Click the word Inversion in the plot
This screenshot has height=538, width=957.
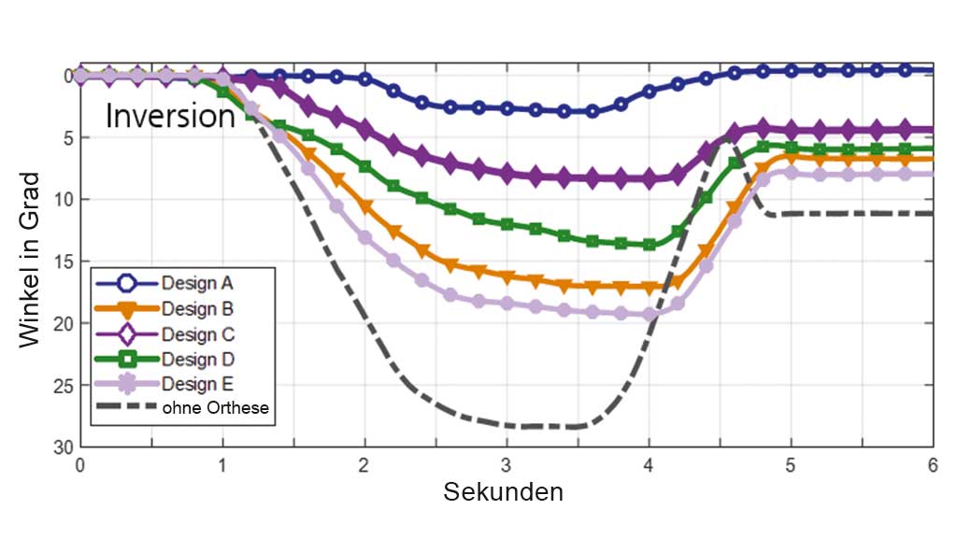[169, 116]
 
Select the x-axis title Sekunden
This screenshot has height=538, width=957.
[503, 491]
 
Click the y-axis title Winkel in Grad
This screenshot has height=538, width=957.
[31, 260]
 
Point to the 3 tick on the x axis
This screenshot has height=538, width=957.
[507, 464]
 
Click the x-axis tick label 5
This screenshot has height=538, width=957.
[791, 464]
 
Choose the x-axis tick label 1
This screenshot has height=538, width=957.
[222, 464]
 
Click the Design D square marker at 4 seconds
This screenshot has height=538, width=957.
[649, 245]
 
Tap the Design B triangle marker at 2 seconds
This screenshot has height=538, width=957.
[365, 205]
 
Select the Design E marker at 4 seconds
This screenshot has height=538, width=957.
[649, 315]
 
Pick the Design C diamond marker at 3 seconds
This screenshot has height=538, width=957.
[507, 173]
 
